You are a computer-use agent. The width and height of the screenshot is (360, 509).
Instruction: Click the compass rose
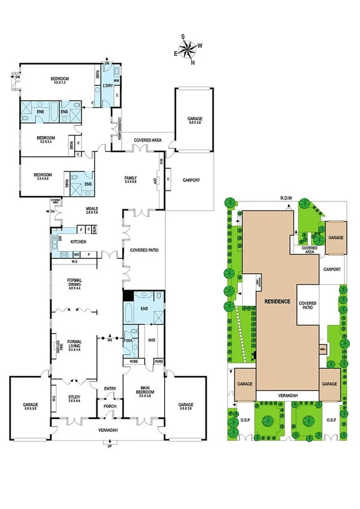190,50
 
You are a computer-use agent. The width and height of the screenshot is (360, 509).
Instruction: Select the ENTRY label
110,388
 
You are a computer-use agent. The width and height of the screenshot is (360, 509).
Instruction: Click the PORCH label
110,406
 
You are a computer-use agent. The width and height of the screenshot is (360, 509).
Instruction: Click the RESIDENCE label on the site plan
277,302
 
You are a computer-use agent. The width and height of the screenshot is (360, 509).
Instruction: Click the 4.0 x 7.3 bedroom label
59,81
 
